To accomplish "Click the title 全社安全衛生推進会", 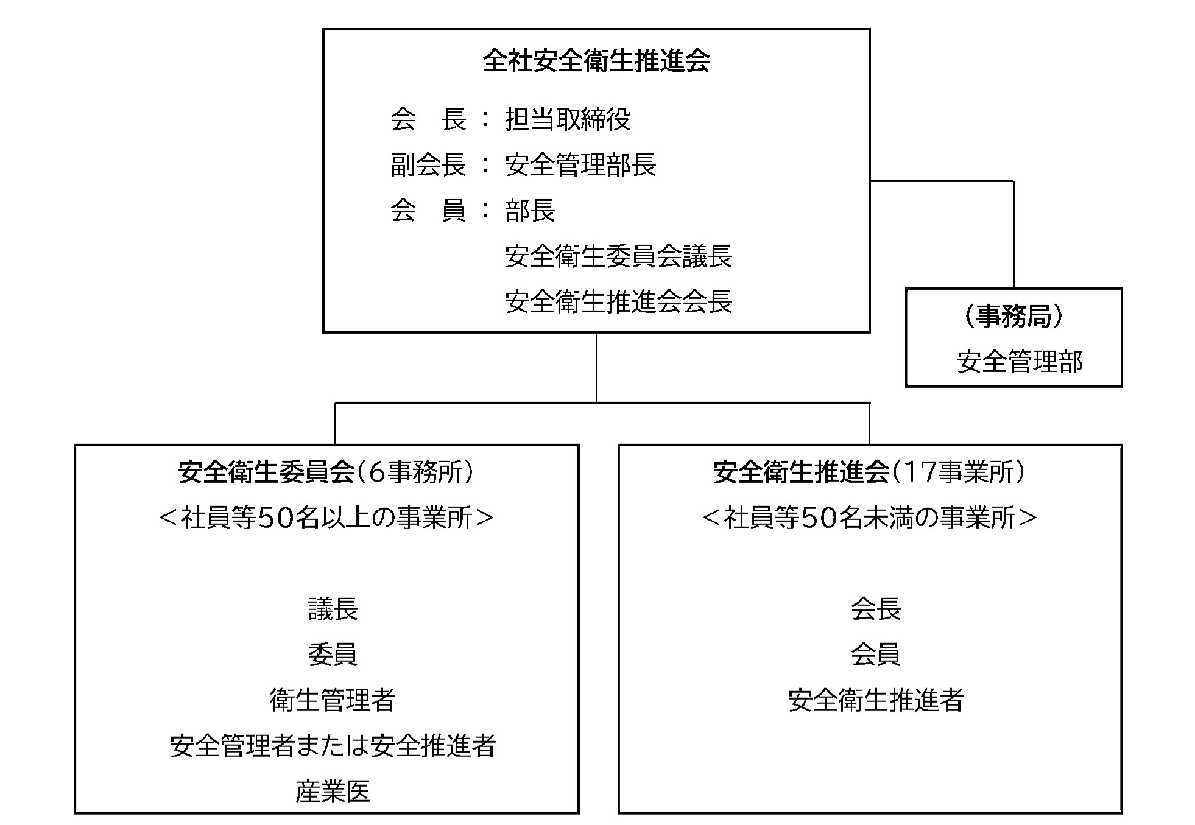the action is [x=596, y=61].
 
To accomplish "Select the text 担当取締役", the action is [x=568, y=119].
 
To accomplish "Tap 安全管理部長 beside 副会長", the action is [x=580, y=165].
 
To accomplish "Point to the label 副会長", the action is [x=428, y=165].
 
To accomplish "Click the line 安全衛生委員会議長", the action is [x=618, y=256].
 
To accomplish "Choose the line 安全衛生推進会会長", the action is [x=618, y=302].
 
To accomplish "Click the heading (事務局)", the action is [x=1014, y=317].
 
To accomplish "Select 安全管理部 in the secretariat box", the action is [x=1020, y=362].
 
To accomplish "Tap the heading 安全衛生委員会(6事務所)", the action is [x=326, y=472].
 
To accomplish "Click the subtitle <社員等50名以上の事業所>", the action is [x=326, y=518].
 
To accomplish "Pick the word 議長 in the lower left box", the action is [x=333, y=609].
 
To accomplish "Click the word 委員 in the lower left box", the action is [x=333, y=655].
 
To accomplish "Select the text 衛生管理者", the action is [x=333, y=701].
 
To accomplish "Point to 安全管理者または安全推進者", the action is [x=333, y=746].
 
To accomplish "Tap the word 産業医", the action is [x=333, y=792].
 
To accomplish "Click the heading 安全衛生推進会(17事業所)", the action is [x=870, y=472].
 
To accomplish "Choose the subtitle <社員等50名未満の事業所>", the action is [x=870, y=518].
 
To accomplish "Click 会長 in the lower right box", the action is [x=876, y=609].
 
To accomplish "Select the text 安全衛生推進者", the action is [x=876, y=701].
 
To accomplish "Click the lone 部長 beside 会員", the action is [x=530, y=211].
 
